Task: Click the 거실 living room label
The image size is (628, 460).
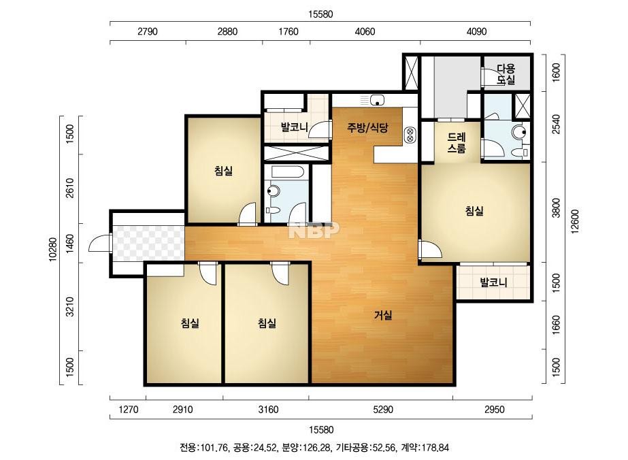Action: point(383,315)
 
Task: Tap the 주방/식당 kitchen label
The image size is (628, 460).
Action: point(367,128)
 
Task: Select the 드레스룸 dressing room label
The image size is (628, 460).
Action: point(457,143)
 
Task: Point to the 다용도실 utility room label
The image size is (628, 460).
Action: point(506,74)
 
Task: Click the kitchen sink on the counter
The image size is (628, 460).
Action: point(377,99)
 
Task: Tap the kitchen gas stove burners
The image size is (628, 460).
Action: point(410,134)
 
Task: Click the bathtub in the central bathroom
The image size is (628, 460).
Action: point(285,172)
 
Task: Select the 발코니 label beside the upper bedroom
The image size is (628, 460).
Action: point(295,127)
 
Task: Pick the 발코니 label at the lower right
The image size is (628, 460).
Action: point(493,282)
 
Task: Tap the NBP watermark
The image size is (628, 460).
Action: point(314,230)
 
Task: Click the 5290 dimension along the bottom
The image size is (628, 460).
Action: point(383,410)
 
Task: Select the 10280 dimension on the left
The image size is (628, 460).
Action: point(52,250)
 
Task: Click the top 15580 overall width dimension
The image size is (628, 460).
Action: point(320,14)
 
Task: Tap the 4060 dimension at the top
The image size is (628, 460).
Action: point(365,31)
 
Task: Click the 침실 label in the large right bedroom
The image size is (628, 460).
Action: point(474,210)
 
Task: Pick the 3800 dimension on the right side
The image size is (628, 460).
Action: point(555,208)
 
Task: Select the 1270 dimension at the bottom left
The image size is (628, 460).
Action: point(129,410)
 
